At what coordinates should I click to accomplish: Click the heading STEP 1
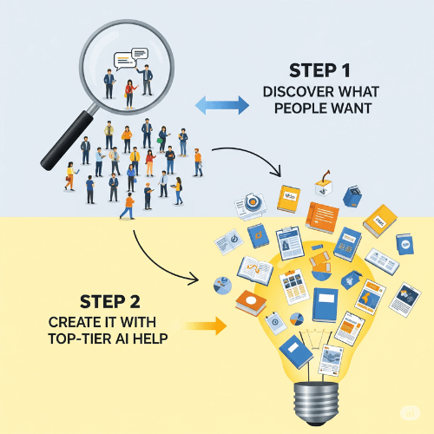(x=319, y=70)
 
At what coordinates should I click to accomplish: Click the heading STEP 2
(x=110, y=302)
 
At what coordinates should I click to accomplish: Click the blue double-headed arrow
(x=222, y=105)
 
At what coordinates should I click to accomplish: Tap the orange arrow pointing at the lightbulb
(x=206, y=325)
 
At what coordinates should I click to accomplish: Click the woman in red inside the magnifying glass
(x=130, y=94)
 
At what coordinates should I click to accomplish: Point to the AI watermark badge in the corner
(x=410, y=413)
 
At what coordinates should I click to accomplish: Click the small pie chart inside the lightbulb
(x=297, y=319)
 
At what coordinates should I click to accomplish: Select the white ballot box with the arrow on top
(x=324, y=184)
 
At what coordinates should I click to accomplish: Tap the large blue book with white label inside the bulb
(x=325, y=305)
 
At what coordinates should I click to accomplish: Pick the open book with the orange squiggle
(x=255, y=270)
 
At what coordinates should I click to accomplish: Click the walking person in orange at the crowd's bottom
(x=128, y=207)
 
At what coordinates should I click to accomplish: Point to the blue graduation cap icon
(x=352, y=279)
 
